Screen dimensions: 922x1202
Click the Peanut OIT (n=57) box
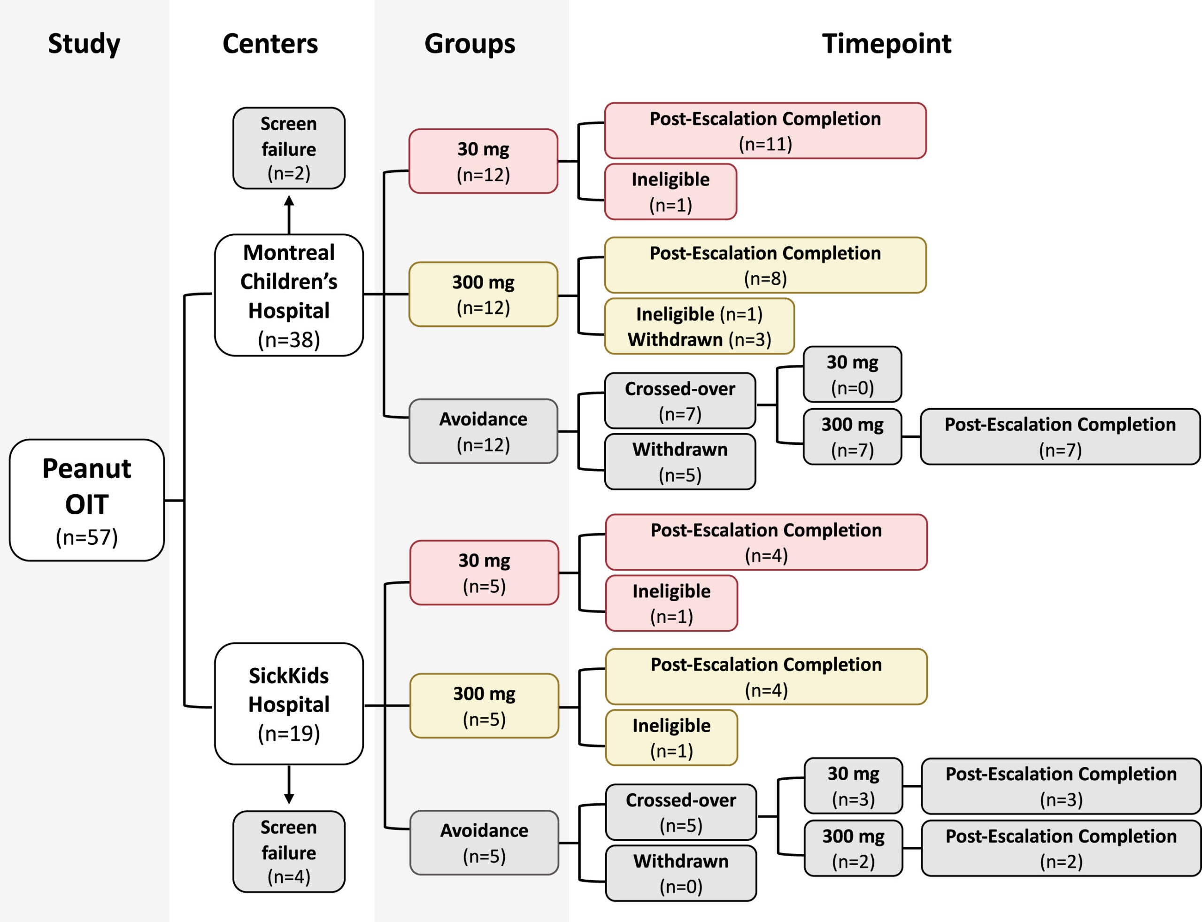tap(87, 500)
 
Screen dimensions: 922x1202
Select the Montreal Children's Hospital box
tap(289, 295)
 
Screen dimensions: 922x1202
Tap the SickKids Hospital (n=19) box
tap(289, 704)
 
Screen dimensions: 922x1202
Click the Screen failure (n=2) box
tap(289, 148)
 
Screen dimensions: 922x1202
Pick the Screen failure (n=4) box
tap(289, 851)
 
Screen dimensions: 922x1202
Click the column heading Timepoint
tap(886, 43)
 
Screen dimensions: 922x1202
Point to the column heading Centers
tap(270, 43)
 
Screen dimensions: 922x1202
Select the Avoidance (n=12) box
tap(483, 431)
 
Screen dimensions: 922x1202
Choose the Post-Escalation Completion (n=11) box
tap(765, 131)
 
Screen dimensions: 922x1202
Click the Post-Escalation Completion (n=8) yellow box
tap(765, 265)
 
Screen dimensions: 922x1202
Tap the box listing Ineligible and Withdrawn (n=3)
tap(699, 326)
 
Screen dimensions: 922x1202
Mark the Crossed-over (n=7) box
tap(680, 401)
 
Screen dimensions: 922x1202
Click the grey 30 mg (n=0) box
tap(852, 374)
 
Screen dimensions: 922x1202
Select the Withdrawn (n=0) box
tap(680, 873)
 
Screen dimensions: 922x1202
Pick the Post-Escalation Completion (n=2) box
tap(1061, 848)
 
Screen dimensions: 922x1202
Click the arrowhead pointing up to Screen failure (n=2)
tap(289, 201)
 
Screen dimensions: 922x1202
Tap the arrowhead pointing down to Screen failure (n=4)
tap(289, 798)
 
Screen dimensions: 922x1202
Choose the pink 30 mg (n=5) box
tap(484, 573)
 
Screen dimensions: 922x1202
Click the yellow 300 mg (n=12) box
tap(483, 294)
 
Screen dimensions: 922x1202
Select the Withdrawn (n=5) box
tap(680, 462)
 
